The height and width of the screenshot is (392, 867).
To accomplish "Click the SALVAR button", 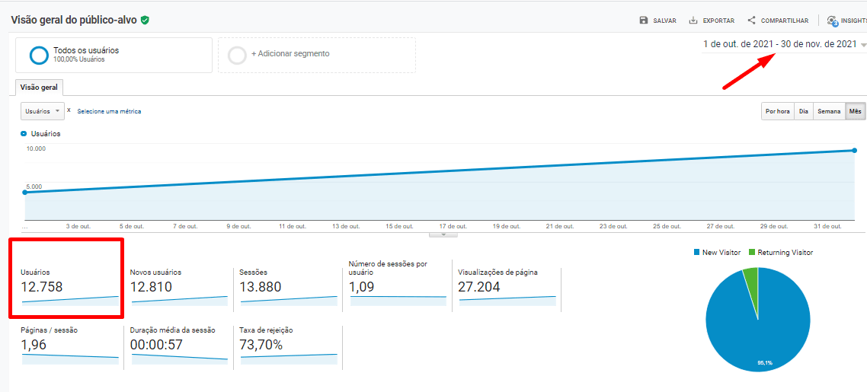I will click(658, 21).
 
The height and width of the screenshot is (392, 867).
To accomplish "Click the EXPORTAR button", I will click(712, 21).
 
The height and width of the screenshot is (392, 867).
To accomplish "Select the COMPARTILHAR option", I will click(777, 21).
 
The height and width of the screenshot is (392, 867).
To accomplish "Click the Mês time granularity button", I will click(856, 111).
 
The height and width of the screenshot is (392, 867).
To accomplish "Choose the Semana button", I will click(829, 111).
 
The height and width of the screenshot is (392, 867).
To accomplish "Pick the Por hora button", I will click(777, 111).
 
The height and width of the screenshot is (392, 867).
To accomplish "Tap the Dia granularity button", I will click(803, 111).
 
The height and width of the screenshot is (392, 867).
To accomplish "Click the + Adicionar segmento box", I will click(316, 55).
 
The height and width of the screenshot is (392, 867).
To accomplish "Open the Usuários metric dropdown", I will click(42, 111).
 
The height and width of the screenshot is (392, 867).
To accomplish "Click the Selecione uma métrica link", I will click(109, 111).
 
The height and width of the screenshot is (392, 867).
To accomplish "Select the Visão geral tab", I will click(39, 88).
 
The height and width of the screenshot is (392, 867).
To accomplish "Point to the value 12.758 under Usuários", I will click(42, 287).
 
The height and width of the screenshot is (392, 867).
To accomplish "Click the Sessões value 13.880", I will click(260, 287).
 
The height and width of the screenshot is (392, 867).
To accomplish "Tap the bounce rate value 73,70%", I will click(261, 346).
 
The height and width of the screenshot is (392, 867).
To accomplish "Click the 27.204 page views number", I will click(479, 287).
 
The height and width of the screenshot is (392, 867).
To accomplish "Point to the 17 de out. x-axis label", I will click(453, 226).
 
